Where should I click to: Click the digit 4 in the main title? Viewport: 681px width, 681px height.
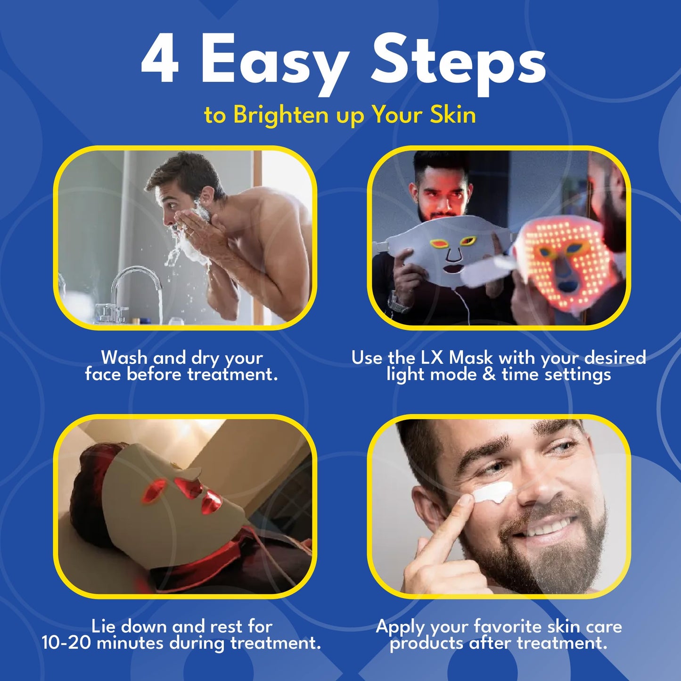(x=160, y=58)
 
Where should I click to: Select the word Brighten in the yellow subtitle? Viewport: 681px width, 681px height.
(x=281, y=115)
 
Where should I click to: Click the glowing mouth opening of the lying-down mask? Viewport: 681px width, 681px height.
(x=211, y=502)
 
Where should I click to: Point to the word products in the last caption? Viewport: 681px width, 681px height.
(x=426, y=644)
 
